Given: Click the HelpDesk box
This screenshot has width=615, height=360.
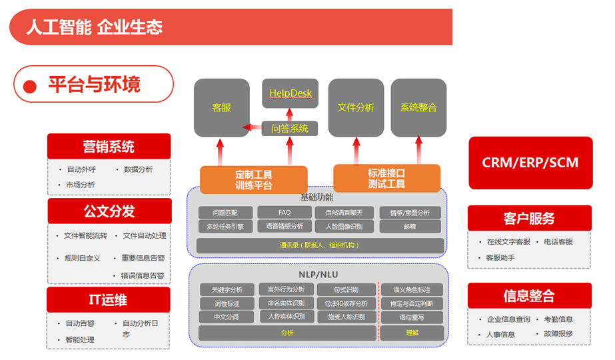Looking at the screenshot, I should click(x=290, y=93).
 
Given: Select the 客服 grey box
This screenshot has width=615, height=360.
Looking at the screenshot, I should click(x=221, y=107).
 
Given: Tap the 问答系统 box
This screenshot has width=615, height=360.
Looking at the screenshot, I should click(x=290, y=128).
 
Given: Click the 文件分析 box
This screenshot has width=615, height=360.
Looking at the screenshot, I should click(x=356, y=107).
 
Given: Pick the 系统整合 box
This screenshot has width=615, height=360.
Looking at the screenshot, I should click(x=418, y=107).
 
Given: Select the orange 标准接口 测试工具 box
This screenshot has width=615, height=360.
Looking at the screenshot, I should click(x=386, y=178).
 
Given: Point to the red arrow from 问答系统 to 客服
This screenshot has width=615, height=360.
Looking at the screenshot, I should click(x=252, y=127).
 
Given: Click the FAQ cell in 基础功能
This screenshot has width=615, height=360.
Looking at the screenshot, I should click(x=285, y=213).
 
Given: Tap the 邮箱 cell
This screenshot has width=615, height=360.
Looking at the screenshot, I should click(x=410, y=227).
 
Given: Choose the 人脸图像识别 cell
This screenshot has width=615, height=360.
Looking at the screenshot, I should click(x=344, y=227).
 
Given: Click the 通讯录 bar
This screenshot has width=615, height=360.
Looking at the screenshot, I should click(x=320, y=245).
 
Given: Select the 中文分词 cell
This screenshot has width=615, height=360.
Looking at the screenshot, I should click(x=226, y=317).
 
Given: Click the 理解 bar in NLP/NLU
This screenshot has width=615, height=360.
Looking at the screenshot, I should click(x=412, y=333).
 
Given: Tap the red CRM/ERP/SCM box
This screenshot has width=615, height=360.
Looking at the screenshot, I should click(x=530, y=163).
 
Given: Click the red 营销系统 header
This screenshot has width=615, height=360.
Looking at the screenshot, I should click(x=109, y=146).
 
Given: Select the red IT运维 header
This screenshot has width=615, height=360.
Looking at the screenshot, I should click(x=108, y=300).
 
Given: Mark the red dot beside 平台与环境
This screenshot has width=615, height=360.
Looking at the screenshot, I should click(x=29, y=86).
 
